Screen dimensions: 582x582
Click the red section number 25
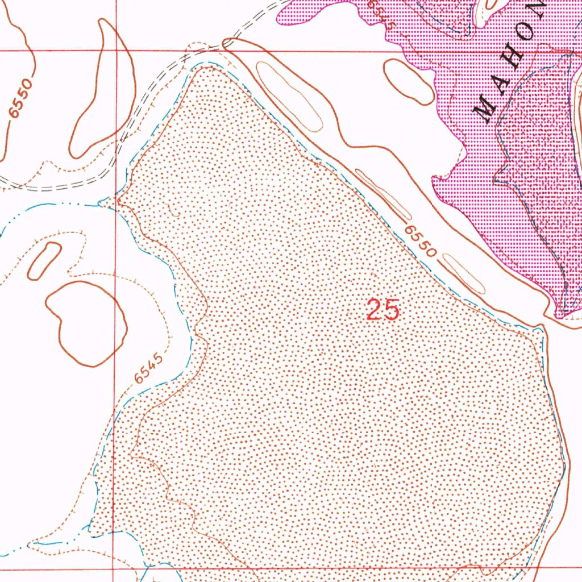[383, 310]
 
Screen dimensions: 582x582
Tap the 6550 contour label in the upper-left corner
[22, 100]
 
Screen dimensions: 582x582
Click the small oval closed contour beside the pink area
[409, 81]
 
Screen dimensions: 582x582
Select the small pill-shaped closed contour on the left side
[44, 260]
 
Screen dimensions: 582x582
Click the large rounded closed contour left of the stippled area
[85, 321]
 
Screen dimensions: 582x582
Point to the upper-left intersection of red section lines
[115, 51]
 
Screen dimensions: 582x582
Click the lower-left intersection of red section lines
[114, 567]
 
